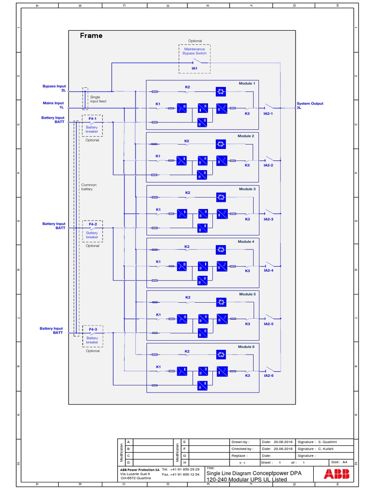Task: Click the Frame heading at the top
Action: coord(91,36)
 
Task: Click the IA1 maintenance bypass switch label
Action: coord(194,69)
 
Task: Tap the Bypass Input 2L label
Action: coord(54,88)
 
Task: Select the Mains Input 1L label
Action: coord(53,105)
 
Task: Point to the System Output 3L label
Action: coord(310,105)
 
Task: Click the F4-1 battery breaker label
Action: coord(92,118)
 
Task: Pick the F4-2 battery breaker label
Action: coord(92,224)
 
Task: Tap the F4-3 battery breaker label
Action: coord(92,329)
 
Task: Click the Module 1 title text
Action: coord(247,84)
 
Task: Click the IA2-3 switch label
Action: coord(268,219)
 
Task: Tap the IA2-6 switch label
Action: coord(268,376)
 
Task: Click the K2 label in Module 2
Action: coord(187,141)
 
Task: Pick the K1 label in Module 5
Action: coord(158,315)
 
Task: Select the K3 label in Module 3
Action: coord(247,219)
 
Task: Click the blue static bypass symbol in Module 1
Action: coord(221,91)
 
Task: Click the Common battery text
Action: coord(89,187)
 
